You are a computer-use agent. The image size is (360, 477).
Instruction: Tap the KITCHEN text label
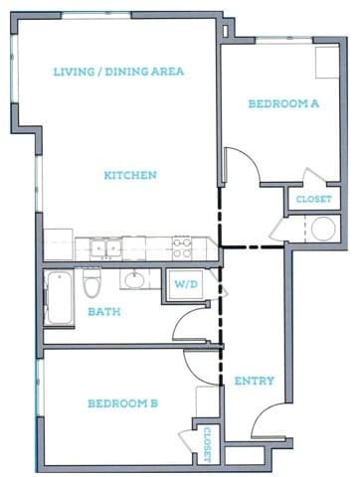(130, 176)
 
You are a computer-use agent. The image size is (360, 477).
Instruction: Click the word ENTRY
(254, 381)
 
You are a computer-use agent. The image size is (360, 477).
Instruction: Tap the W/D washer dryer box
(185, 284)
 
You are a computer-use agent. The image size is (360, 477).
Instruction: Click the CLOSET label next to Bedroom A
(312, 200)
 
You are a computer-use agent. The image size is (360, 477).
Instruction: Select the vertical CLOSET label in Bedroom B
(206, 444)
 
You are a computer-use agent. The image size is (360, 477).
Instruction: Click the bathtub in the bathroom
(59, 298)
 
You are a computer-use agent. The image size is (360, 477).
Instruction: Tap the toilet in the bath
(92, 286)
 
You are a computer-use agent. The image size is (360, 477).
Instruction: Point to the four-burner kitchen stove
(182, 244)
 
